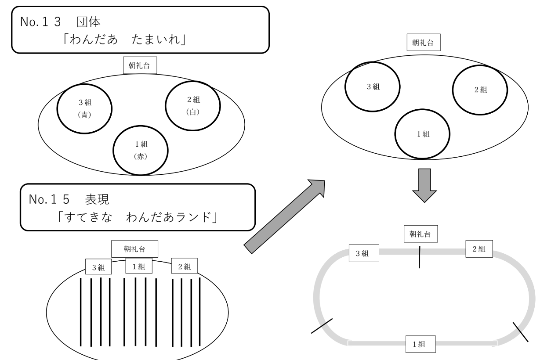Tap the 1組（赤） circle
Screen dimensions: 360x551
(x=141, y=150)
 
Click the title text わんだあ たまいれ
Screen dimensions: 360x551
(x=130, y=39)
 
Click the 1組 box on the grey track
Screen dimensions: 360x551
(x=421, y=344)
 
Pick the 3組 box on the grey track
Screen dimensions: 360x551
(x=364, y=253)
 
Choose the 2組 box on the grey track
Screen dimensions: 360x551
(x=478, y=249)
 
